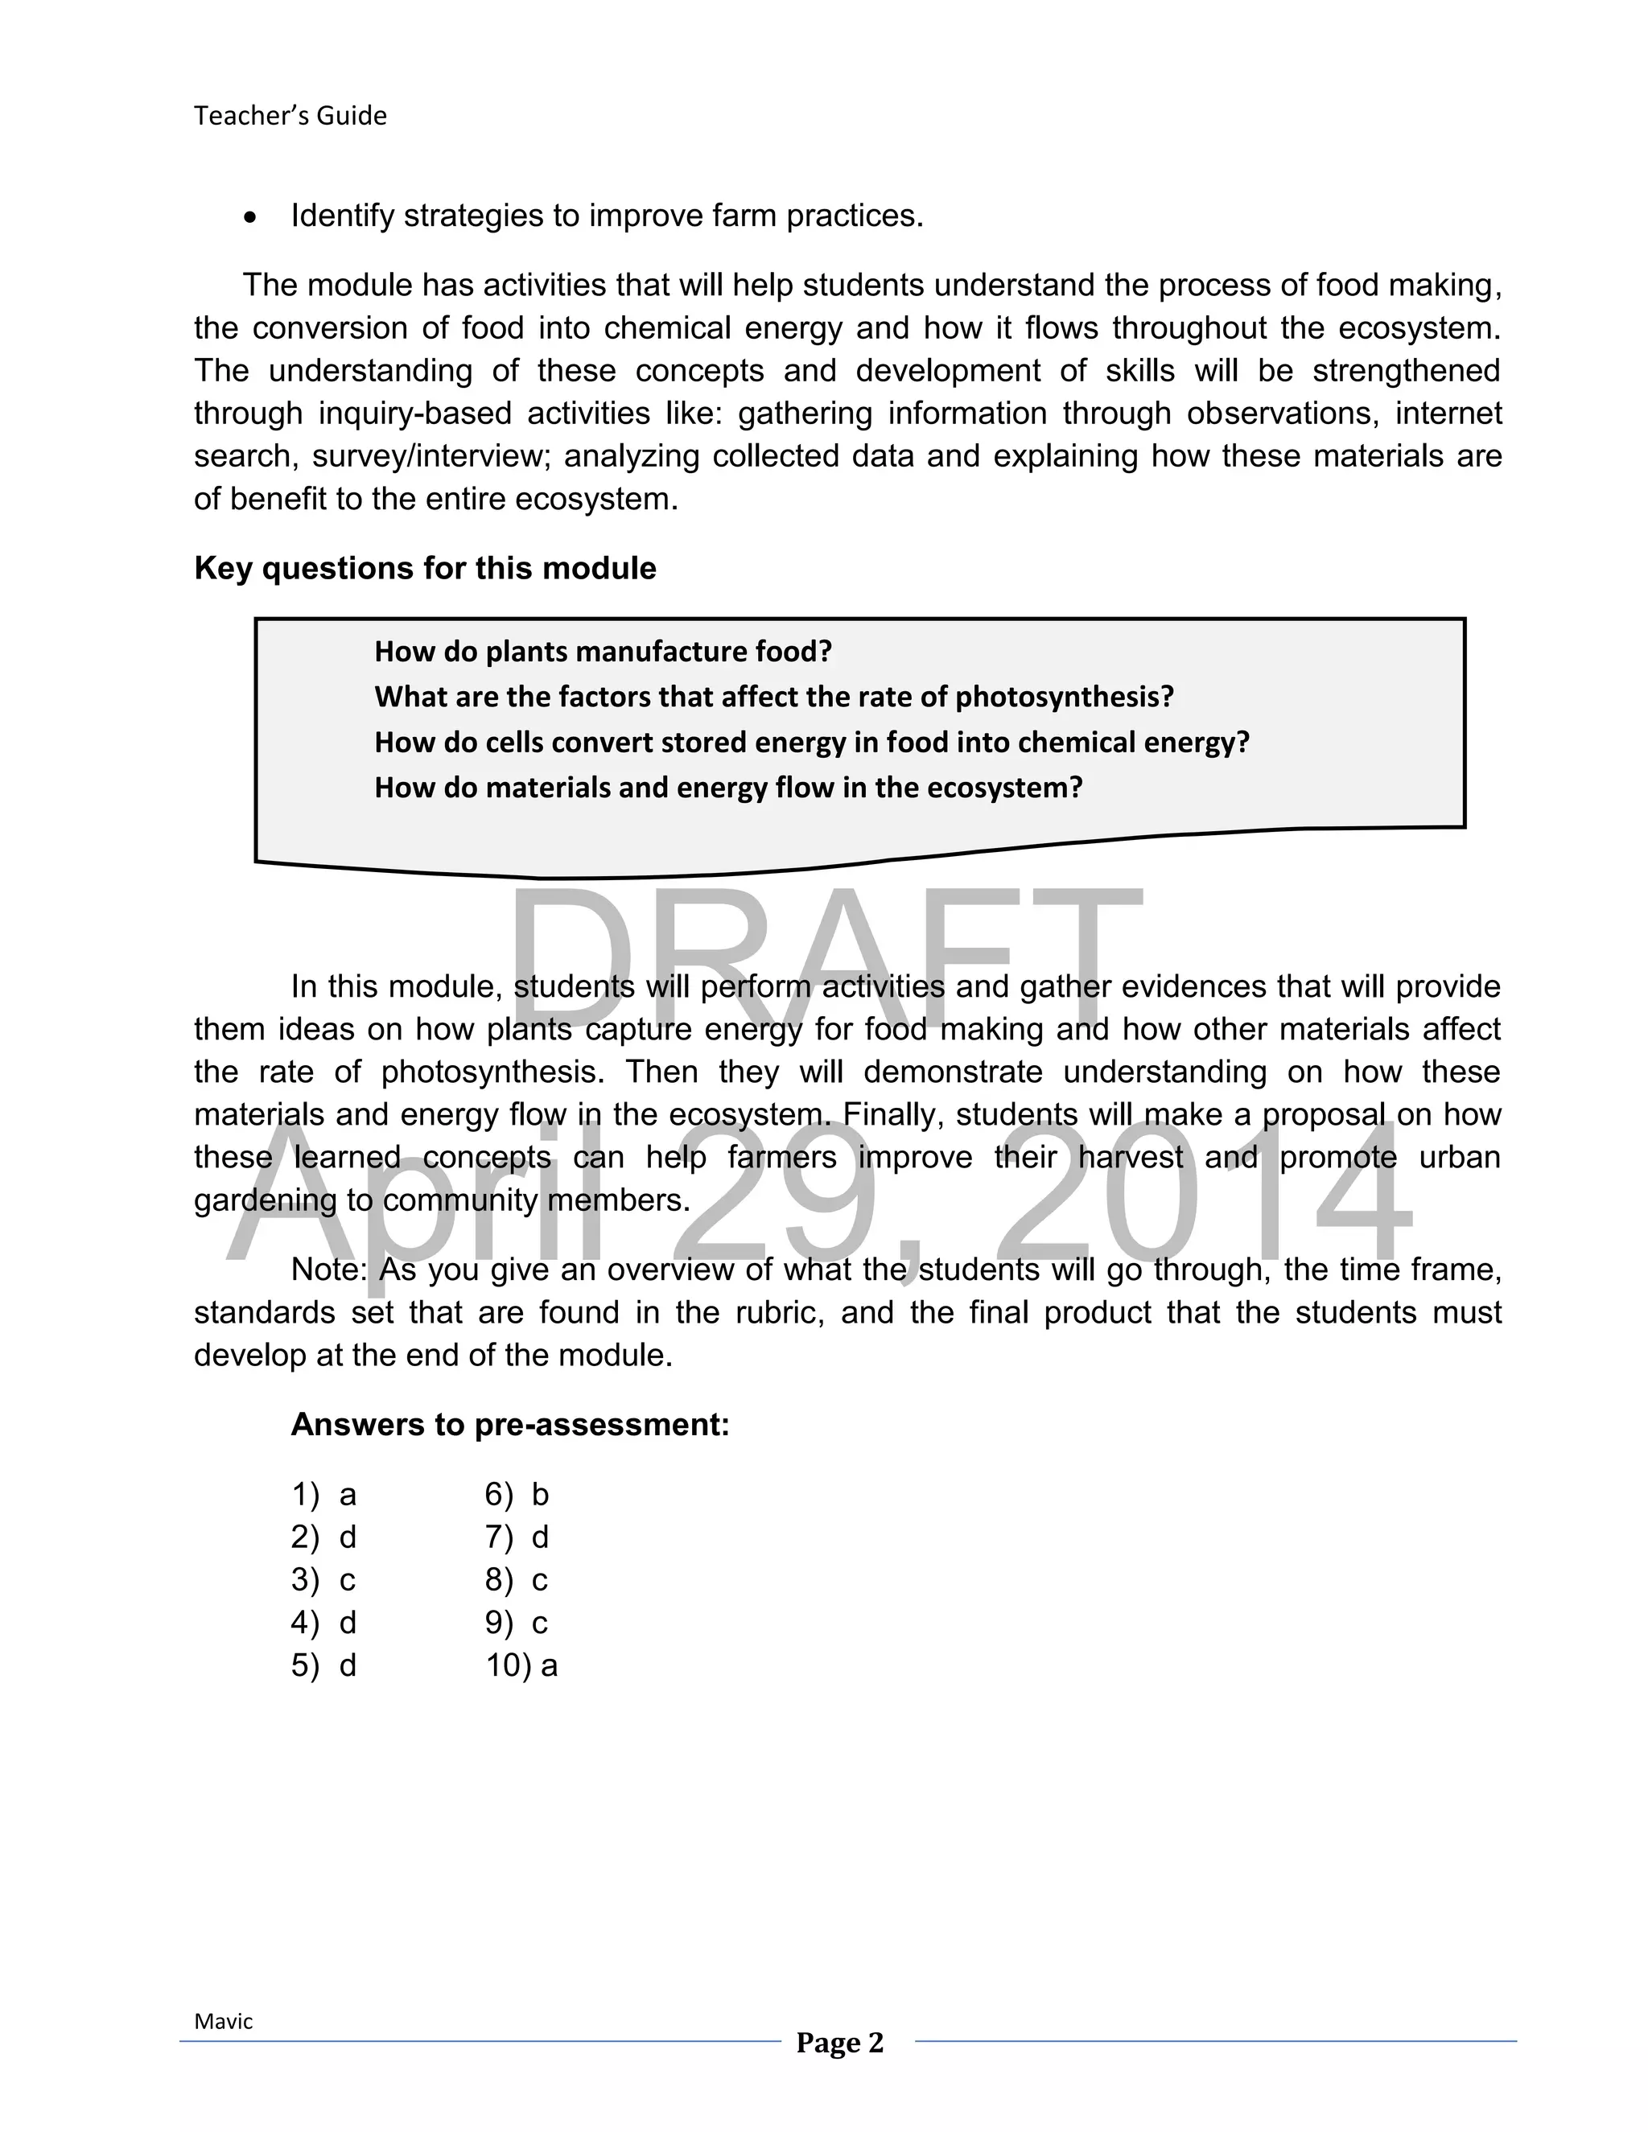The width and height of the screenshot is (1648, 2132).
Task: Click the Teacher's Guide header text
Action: (290, 115)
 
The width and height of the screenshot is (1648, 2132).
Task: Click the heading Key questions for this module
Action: (425, 568)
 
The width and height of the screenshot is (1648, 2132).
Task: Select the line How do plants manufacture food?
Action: (603, 651)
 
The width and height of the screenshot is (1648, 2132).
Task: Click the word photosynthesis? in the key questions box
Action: (1063, 697)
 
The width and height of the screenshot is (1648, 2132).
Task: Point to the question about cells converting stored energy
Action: (811, 742)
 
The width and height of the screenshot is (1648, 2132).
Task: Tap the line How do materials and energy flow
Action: (728, 787)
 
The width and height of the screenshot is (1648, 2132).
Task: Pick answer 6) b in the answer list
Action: (517, 1495)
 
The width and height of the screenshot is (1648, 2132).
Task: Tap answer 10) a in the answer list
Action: (521, 1665)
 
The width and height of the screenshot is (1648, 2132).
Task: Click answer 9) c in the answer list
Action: (517, 1623)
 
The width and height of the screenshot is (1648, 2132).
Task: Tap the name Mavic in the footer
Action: (223, 2022)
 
